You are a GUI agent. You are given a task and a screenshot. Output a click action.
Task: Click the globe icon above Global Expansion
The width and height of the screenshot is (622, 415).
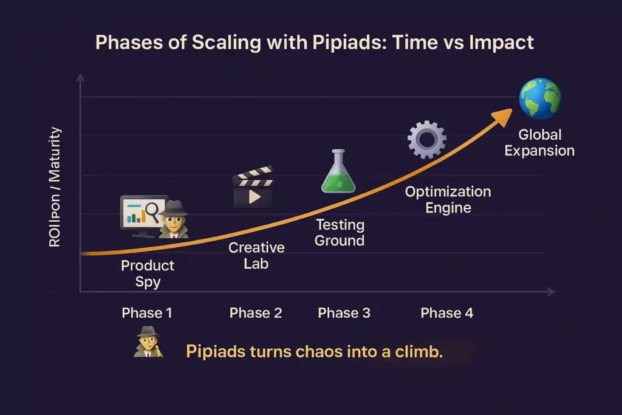539,99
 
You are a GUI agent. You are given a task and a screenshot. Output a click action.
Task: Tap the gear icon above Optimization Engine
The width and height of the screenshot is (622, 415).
426,140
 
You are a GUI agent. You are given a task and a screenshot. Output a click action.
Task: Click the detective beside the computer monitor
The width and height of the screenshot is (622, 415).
174,218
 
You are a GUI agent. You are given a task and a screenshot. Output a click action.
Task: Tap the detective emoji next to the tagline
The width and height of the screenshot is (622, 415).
148,341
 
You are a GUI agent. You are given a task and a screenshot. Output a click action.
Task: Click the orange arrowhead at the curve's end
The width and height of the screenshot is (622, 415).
504,116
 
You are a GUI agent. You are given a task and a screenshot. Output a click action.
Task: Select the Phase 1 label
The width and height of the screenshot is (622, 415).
147,313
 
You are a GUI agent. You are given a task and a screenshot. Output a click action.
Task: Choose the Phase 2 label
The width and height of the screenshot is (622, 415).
256,313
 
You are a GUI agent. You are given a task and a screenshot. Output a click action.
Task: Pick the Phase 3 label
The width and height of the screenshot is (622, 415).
344,313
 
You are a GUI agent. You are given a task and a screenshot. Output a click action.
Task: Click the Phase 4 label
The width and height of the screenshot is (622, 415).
446,313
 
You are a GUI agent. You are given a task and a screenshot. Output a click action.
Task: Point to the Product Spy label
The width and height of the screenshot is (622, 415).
148,273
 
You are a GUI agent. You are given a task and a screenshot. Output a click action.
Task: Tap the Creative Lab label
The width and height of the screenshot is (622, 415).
256,255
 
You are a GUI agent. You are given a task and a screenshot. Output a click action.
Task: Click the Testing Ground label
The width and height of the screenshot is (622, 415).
340,233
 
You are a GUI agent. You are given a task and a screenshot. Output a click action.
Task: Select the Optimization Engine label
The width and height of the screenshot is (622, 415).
448,200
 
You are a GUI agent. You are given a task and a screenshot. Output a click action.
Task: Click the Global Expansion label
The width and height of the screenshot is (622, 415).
539,143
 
